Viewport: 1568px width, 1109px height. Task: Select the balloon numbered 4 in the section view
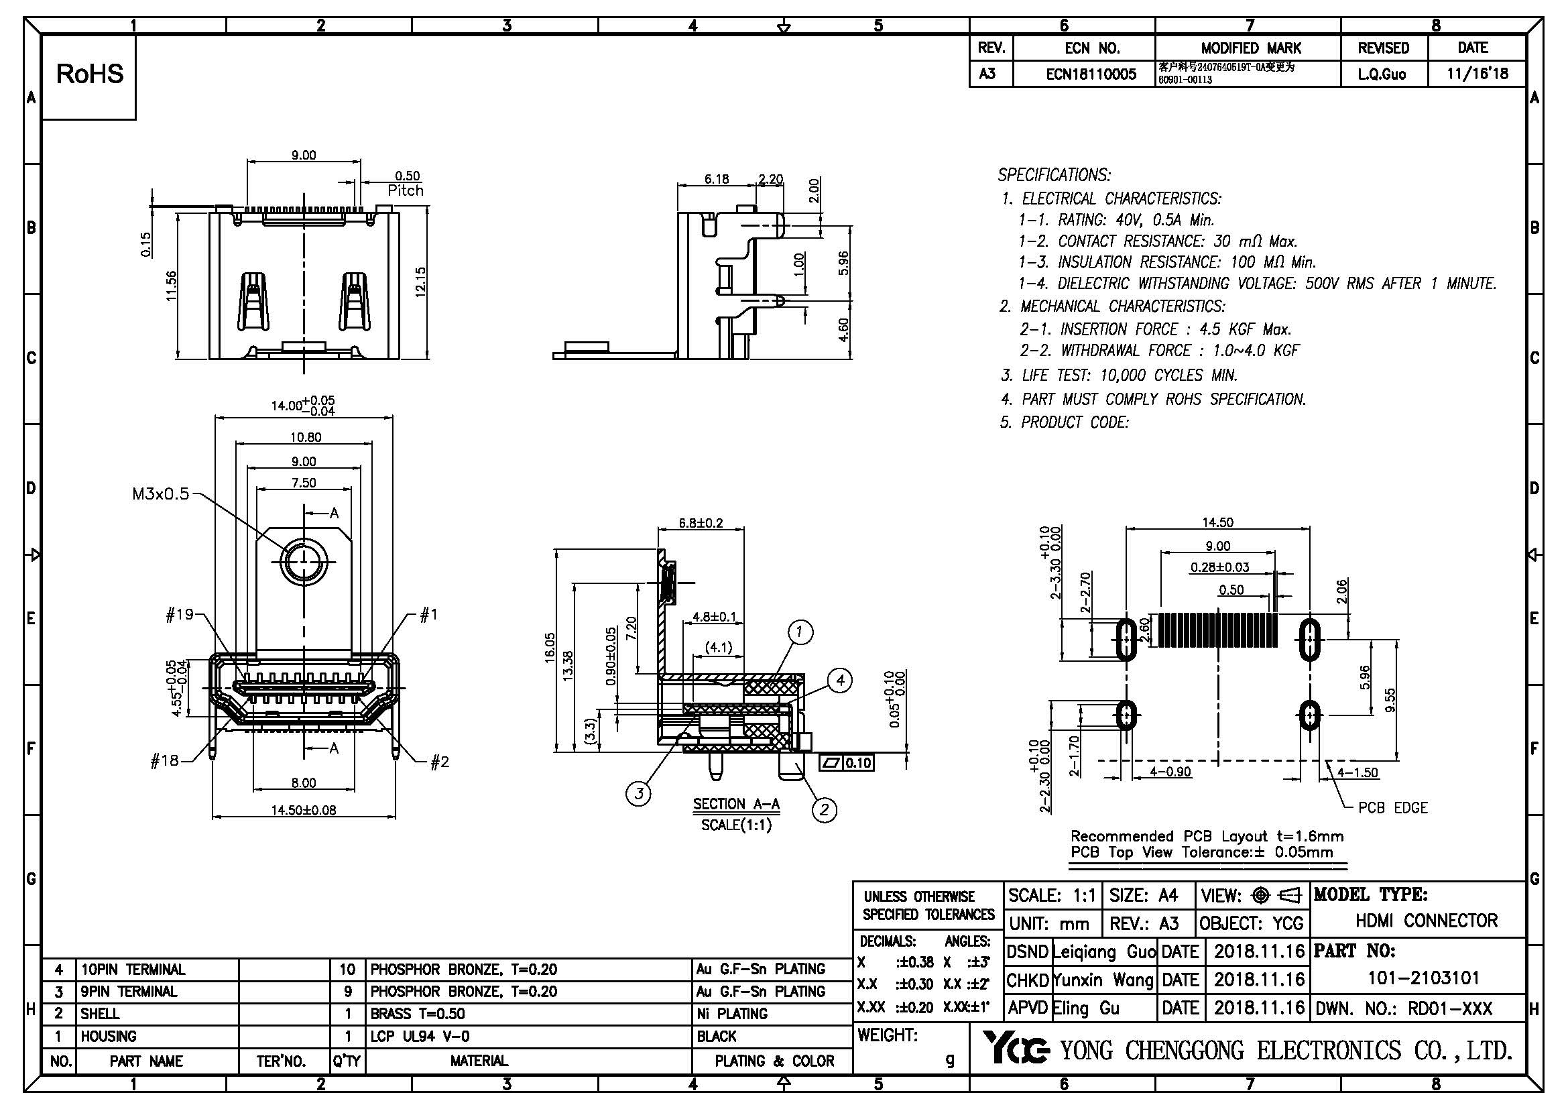[840, 680]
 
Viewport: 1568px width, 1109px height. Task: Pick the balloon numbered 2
[824, 810]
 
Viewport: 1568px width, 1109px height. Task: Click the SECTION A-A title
[736, 804]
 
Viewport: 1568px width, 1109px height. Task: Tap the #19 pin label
[180, 615]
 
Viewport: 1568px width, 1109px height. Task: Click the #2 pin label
[440, 762]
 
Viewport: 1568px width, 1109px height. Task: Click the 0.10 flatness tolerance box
[857, 763]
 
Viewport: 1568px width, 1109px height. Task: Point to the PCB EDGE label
[1392, 808]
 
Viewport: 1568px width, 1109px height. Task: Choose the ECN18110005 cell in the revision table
[1091, 74]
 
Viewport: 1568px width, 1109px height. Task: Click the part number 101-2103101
[1423, 978]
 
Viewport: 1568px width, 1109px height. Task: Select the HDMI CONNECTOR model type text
[1426, 921]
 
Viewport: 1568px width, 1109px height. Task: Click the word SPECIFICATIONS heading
[1054, 175]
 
